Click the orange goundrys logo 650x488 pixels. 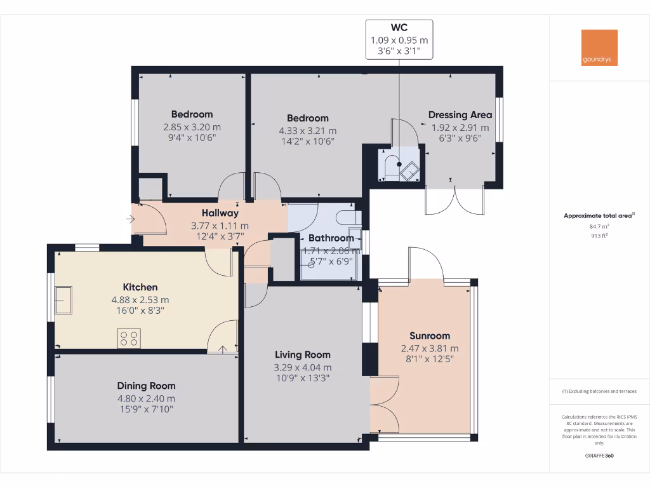click(x=599, y=48)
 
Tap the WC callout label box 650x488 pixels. click(x=399, y=39)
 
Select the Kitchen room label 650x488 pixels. click(x=140, y=287)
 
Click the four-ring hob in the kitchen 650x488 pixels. click(x=129, y=338)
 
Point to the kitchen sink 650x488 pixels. click(x=63, y=300)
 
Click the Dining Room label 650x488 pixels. click(x=146, y=386)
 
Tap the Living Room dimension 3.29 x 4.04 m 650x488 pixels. click(x=303, y=367)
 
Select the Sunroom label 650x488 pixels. click(x=430, y=335)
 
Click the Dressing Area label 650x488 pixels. click(x=460, y=115)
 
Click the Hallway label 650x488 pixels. click(x=220, y=213)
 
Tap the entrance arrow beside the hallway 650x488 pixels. click(x=131, y=220)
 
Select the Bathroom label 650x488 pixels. click(x=331, y=238)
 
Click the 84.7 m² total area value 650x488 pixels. click(x=599, y=226)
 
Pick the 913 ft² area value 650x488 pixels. click(x=599, y=235)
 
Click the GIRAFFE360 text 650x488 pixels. click(x=599, y=456)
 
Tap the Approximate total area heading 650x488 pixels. click(x=598, y=216)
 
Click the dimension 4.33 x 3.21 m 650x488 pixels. click(x=308, y=131)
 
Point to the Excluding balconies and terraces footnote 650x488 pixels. click(x=599, y=391)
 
